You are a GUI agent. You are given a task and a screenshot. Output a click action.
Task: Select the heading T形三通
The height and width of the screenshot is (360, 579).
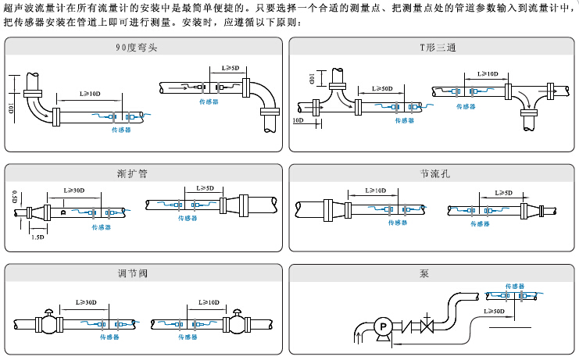tap(432, 48)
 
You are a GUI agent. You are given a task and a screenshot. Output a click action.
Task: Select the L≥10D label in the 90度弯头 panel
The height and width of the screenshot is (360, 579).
tap(90, 94)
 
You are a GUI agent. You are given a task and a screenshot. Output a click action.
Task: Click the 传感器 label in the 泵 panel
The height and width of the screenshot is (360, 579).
tap(514, 287)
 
